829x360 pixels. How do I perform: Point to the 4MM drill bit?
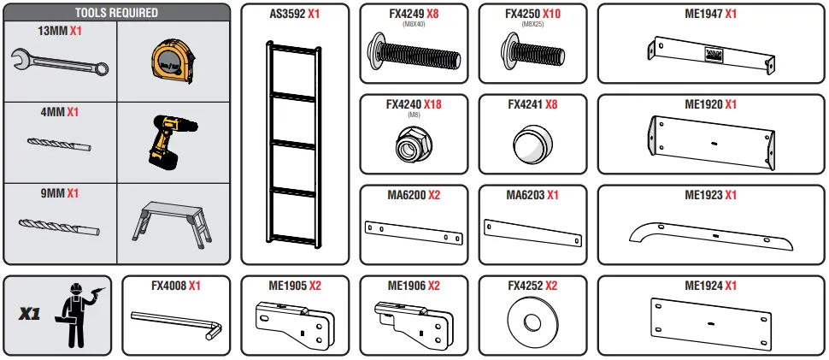coord(59,144)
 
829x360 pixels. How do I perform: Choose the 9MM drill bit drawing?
coord(59,225)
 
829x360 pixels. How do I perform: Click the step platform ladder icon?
coord(172,225)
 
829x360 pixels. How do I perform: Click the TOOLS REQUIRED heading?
coord(116,14)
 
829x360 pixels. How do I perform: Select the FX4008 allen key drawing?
coord(176,324)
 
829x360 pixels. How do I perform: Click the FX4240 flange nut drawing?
coord(413,144)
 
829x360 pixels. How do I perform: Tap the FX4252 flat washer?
coord(532,323)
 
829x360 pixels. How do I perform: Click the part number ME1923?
coord(703,195)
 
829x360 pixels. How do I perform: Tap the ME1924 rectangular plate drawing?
coord(711,322)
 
